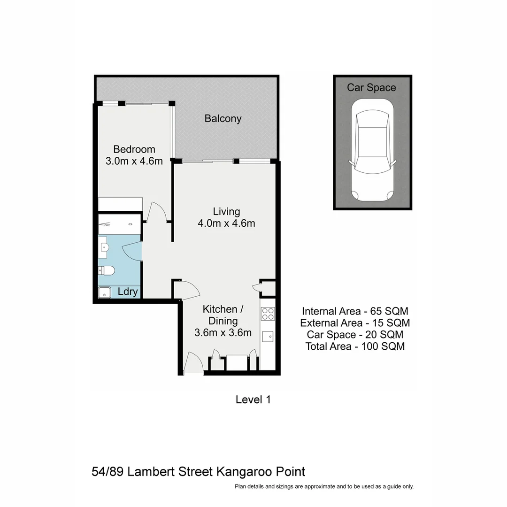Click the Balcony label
click(223, 119)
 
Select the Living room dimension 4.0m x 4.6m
click(226, 223)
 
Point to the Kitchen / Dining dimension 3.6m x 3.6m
click(223, 333)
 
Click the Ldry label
click(128, 292)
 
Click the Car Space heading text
click(371, 88)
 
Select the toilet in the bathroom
click(107, 270)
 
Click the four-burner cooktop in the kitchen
click(268, 313)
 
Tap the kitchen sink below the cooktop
click(268, 337)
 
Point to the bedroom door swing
click(157, 213)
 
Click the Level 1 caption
click(253, 400)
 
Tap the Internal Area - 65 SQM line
click(355, 311)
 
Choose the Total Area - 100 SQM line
click(355, 346)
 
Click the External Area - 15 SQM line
click(355, 323)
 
